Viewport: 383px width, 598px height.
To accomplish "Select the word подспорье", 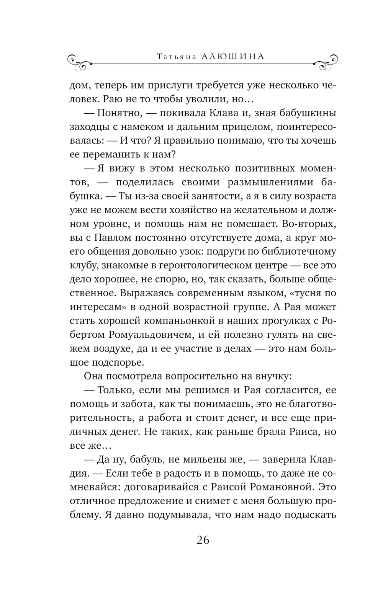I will point(118,362).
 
